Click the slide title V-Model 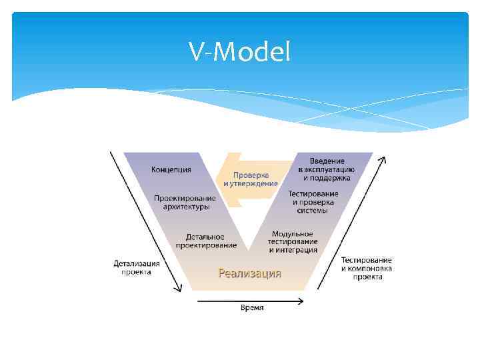[x=239, y=51]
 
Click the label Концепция [x=171, y=169]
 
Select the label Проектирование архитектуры [x=185, y=203]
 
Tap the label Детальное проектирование [x=206, y=241]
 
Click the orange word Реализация [x=250, y=273]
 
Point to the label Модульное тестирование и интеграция [x=293, y=241]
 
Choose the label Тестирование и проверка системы [x=313, y=202]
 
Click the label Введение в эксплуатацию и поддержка [x=327, y=169]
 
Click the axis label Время [x=252, y=307]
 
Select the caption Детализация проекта [x=137, y=267]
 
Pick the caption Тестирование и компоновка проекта [x=367, y=268]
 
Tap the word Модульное [x=293, y=233]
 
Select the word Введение [x=327, y=161]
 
